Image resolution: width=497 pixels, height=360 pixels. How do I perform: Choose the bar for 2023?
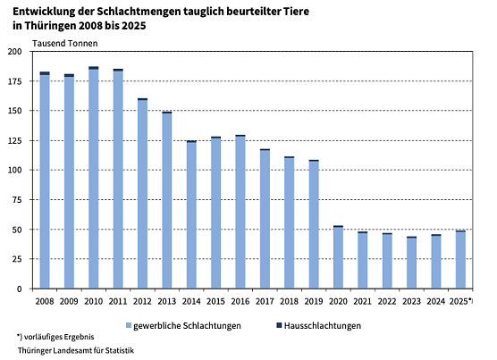[411, 263]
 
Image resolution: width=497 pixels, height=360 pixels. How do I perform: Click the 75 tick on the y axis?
[24, 200]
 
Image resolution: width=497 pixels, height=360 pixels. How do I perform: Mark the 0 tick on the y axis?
[27, 289]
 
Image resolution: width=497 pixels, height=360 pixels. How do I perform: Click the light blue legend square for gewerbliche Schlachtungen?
[129, 326]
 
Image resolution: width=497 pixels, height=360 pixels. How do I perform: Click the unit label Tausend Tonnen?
[65, 42]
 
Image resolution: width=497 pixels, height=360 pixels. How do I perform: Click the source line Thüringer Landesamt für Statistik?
[75, 350]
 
